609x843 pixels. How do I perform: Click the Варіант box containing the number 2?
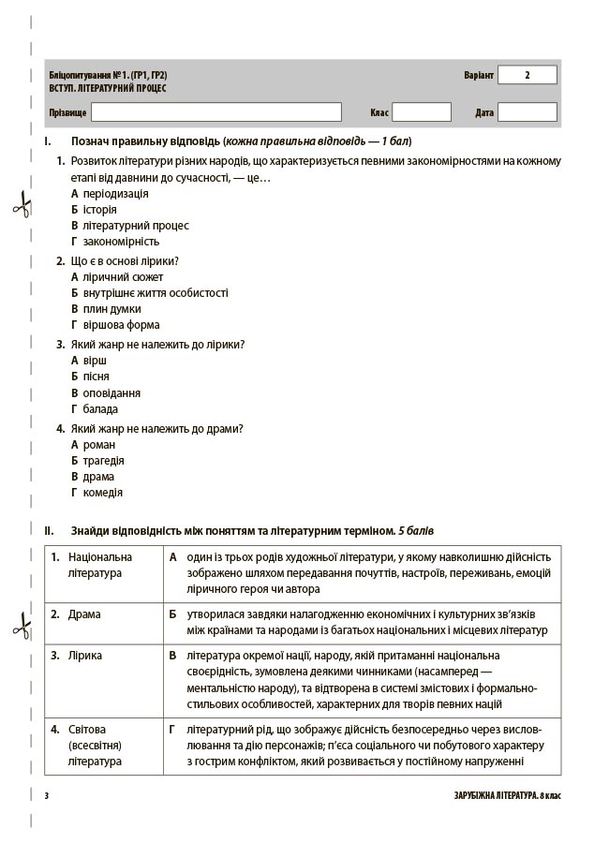(x=527, y=75)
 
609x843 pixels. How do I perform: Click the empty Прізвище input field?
(x=223, y=112)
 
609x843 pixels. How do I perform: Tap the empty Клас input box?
(x=422, y=112)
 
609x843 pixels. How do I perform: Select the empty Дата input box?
(x=527, y=112)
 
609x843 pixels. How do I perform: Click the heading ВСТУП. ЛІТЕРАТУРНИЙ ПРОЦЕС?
(x=108, y=88)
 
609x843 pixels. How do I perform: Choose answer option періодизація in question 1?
(x=114, y=194)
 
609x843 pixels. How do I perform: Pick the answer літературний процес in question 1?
(x=135, y=226)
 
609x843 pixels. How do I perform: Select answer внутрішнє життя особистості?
(x=155, y=293)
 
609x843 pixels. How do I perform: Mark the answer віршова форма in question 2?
(x=121, y=325)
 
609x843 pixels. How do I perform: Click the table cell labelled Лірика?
(x=85, y=656)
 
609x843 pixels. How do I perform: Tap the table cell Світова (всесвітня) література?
(x=95, y=745)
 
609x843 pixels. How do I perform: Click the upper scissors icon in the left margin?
(x=21, y=204)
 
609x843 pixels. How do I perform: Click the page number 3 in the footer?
(x=46, y=796)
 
